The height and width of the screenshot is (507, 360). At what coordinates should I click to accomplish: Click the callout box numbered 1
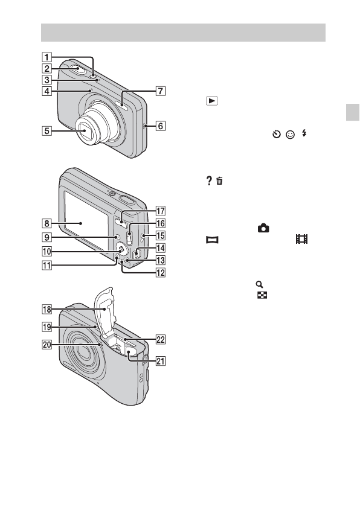point(47,57)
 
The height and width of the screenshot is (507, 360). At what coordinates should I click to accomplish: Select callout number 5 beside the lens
point(47,131)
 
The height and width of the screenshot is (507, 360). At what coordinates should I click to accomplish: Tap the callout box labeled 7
point(161,91)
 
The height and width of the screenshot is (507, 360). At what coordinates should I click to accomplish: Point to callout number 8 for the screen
point(47,223)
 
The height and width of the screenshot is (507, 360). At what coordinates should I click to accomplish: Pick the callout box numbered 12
point(161,273)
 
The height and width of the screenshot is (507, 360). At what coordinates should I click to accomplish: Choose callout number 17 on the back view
point(161,211)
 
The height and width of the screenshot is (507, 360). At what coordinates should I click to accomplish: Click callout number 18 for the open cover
point(47,310)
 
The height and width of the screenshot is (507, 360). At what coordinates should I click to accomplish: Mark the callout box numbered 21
point(161,361)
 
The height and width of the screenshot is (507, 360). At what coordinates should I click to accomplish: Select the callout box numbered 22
point(161,339)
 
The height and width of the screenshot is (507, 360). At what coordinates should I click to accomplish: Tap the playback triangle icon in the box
point(212,101)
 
